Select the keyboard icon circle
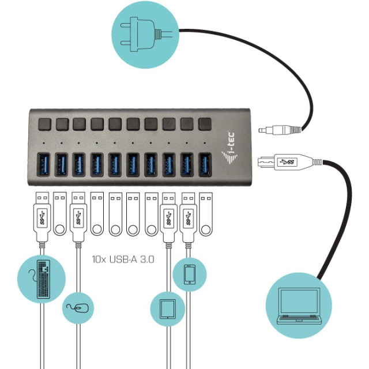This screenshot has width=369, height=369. [x=42, y=279]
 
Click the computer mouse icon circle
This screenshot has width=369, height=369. [x=78, y=307]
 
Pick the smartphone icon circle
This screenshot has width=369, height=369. [x=190, y=275]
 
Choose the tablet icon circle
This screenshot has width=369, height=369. [x=167, y=309]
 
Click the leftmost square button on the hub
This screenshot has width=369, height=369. [x=44, y=124]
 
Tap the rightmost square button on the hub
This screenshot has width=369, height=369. [x=204, y=124]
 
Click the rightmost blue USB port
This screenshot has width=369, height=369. [x=204, y=164]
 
